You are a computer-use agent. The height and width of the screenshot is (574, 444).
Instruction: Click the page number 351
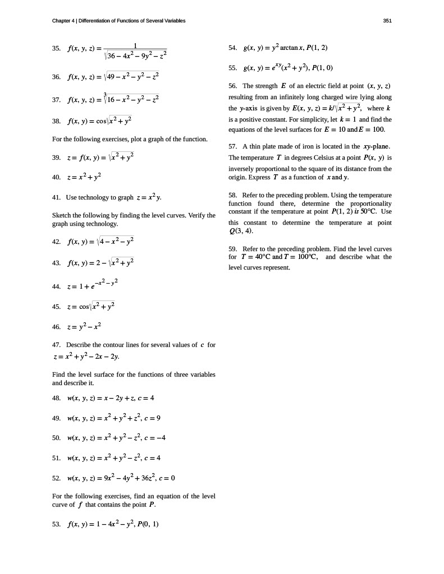(387, 21)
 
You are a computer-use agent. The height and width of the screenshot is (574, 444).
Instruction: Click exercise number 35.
(56, 49)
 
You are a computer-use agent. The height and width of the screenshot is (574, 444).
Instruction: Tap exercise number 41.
(56, 197)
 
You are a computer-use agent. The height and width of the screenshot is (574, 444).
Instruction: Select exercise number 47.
(56, 345)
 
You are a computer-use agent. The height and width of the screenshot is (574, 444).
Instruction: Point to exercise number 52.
(56, 478)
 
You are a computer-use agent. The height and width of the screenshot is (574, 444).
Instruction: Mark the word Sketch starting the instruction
(61, 215)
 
